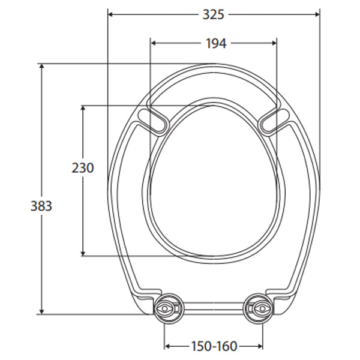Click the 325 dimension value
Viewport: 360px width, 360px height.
point(213,14)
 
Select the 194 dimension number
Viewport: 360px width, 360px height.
point(214,43)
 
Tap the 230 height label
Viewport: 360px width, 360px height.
point(83,168)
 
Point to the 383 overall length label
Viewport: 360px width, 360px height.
point(41,206)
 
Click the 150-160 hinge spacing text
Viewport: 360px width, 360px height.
point(214,346)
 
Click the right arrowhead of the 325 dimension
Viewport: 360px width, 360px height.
point(316,14)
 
